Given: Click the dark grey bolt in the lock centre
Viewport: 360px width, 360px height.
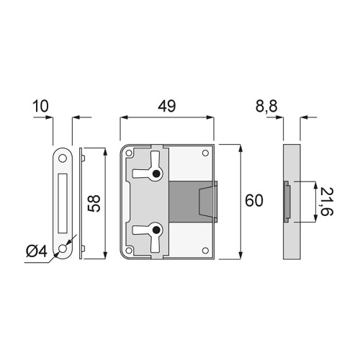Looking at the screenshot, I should pos(191,199).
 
